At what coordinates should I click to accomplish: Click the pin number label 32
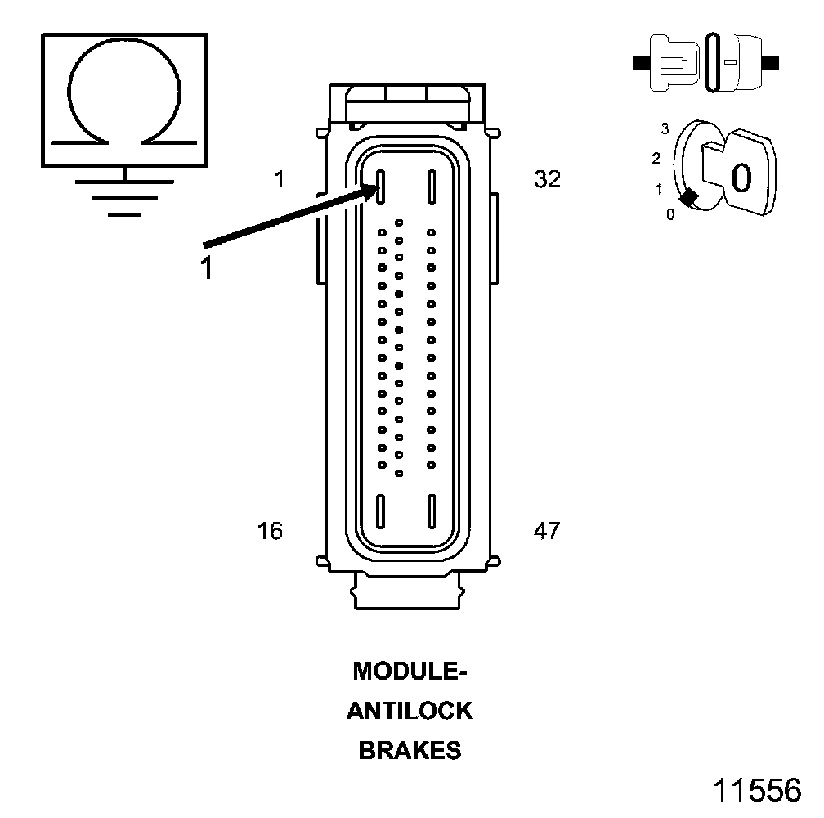click(547, 179)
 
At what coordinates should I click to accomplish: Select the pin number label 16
click(270, 531)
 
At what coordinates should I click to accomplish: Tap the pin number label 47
click(547, 531)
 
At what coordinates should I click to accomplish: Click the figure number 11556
click(757, 791)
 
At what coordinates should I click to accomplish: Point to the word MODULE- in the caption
click(410, 672)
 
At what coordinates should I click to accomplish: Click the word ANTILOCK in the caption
click(410, 711)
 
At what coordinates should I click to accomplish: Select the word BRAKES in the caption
click(410, 750)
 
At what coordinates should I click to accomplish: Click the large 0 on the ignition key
click(741, 177)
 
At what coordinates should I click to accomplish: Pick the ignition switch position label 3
click(665, 128)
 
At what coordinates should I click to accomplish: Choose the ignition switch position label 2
click(656, 159)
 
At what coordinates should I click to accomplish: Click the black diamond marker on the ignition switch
click(689, 197)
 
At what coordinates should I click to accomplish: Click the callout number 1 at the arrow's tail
click(208, 268)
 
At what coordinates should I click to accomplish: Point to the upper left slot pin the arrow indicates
click(381, 187)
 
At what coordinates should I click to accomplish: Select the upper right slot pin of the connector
click(430, 187)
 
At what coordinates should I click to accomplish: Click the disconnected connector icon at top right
click(706, 61)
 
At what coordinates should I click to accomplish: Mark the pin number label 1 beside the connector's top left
click(280, 179)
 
